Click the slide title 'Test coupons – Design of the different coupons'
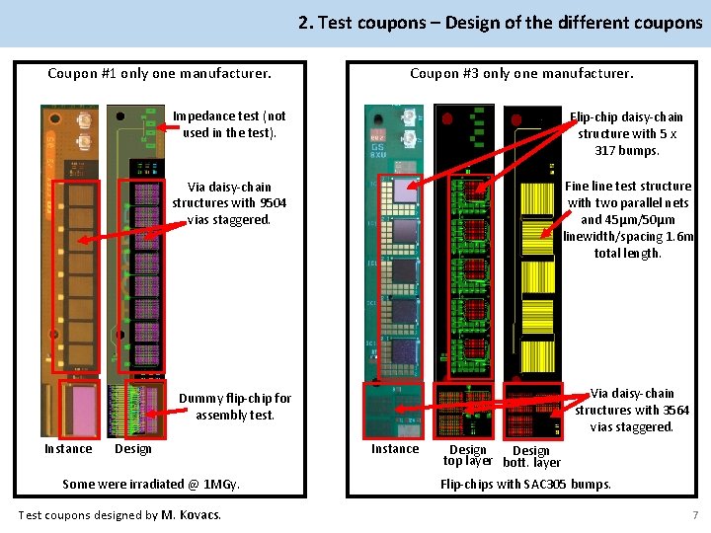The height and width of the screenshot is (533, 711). pos(501,23)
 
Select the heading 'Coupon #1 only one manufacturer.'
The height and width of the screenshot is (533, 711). pos(159,73)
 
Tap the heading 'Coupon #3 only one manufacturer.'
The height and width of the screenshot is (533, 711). pos(521,73)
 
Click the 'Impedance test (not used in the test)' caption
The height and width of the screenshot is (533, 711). pos(229,124)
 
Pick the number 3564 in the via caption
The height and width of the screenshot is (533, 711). pos(675,410)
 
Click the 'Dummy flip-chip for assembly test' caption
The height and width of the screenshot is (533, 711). pos(234,407)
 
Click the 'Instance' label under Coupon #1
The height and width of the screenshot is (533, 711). pos(68,449)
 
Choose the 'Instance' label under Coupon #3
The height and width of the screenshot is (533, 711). pos(394,449)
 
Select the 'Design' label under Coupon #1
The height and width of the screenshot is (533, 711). pos(133,449)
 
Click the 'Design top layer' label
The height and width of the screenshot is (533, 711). pos(468,455)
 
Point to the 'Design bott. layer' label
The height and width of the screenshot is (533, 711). pos(531,456)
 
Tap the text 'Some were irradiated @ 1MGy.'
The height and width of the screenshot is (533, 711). pos(151,484)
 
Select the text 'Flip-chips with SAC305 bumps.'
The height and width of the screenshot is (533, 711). pos(525,484)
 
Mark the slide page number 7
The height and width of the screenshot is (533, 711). pos(695,515)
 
